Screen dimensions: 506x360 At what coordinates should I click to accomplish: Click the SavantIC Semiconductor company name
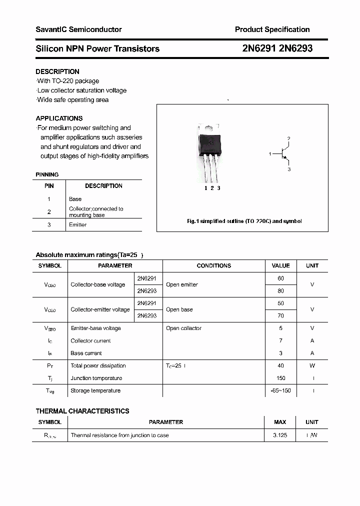(78, 29)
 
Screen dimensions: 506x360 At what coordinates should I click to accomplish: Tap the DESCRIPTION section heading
(57, 71)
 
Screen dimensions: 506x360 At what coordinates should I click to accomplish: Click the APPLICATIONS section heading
(59, 118)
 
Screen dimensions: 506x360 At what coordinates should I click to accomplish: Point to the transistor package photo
(210, 150)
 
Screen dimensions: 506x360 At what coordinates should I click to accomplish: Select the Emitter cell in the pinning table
(77, 225)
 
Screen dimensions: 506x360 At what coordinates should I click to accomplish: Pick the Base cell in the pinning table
(75, 199)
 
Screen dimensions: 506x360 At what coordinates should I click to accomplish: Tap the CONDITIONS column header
(213, 266)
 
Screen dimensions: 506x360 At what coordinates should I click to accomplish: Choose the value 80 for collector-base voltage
(280, 291)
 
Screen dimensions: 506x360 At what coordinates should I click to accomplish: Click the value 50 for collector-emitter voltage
(280, 303)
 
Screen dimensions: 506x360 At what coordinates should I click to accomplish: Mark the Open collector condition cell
(183, 328)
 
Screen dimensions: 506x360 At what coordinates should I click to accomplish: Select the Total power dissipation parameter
(98, 366)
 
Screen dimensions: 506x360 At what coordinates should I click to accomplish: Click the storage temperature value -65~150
(280, 391)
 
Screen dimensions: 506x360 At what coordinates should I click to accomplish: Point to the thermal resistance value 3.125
(280, 435)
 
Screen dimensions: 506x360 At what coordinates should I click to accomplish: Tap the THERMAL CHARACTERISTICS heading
(82, 411)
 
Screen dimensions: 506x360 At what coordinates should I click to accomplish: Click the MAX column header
(280, 422)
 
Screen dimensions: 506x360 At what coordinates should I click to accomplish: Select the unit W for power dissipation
(312, 366)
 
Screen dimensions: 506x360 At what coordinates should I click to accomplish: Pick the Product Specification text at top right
(272, 29)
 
